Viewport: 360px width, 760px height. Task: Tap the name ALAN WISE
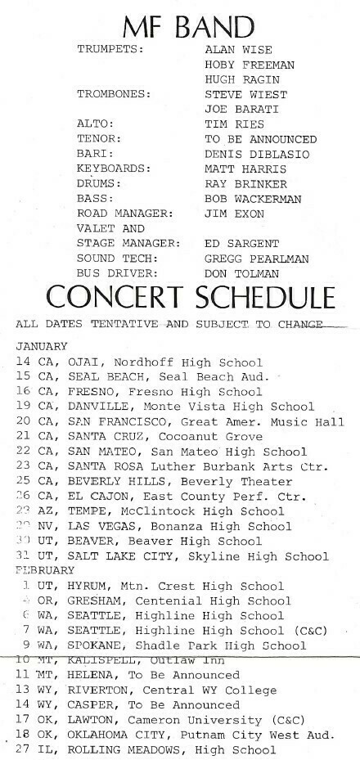[x=237, y=50]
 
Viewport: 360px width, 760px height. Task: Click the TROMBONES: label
[x=114, y=94]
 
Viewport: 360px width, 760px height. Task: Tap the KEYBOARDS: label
[x=114, y=168]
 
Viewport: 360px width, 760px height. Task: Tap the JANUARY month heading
[x=42, y=347]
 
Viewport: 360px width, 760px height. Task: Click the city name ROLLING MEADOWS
[x=110, y=749]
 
